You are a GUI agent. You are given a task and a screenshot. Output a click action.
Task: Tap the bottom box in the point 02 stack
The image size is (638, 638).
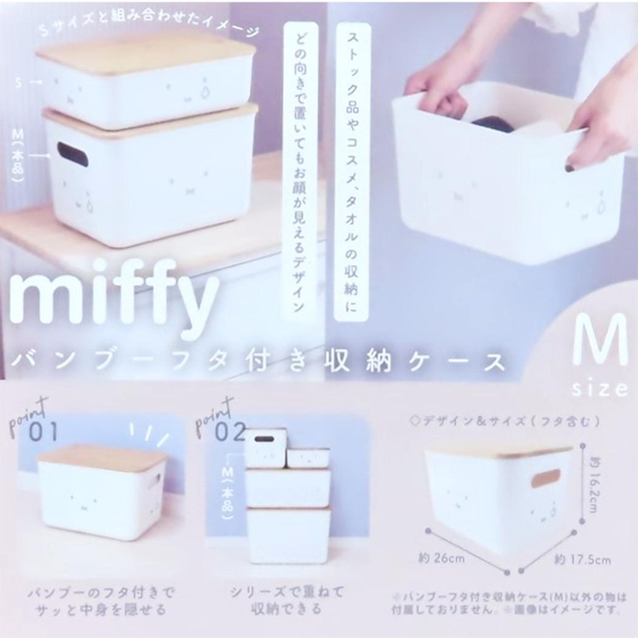288,534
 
